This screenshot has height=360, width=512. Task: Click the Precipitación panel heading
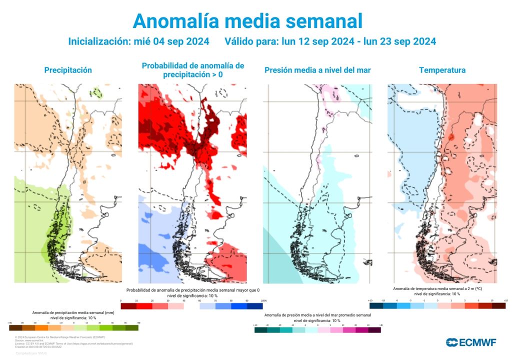click(68, 70)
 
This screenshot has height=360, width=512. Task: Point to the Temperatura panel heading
click(442, 70)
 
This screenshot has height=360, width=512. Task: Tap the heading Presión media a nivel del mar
click(317, 70)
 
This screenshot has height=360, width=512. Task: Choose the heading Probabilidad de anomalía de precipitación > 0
click(193, 70)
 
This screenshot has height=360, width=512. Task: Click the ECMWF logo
click(471, 342)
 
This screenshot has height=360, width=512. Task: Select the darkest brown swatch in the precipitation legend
click(15, 328)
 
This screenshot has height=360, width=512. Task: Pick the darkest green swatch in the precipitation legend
click(132, 328)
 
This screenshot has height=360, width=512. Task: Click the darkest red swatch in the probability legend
click(128, 306)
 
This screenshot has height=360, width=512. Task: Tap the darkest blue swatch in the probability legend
click(254, 306)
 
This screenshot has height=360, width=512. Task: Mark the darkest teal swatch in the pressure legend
click(260, 330)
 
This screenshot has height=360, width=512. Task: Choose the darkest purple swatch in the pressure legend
click(374, 330)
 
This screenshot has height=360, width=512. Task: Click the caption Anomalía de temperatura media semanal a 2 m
click(437, 288)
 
